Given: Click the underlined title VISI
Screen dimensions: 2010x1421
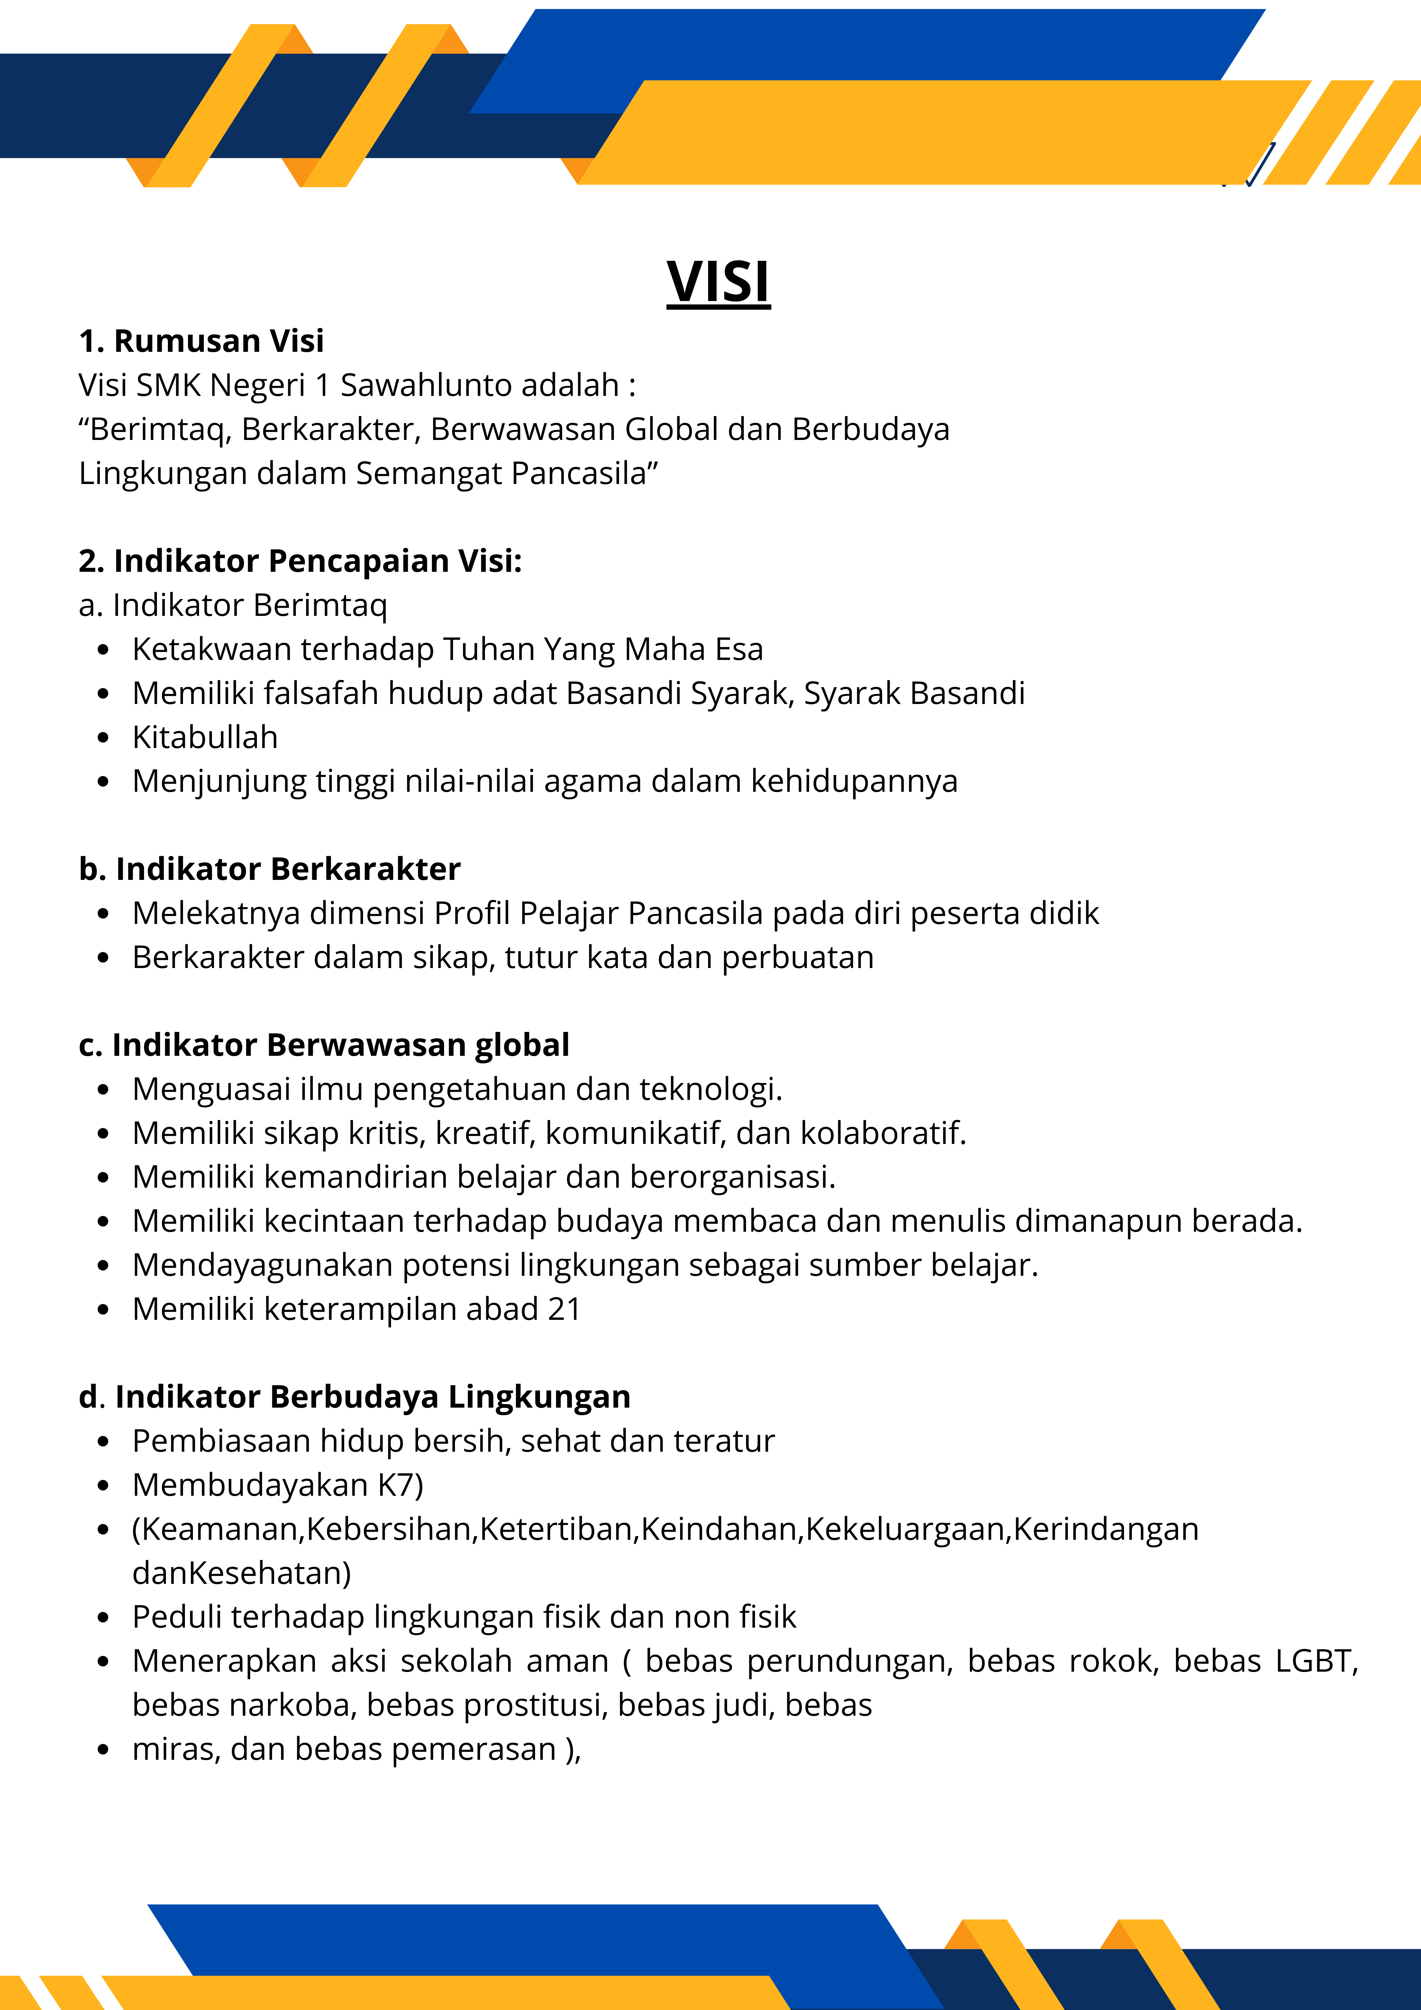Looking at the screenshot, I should tap(718, 282).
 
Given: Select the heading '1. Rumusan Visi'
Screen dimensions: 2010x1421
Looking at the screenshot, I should tap(201, 341).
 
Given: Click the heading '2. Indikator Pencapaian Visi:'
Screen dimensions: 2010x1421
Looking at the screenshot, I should tap(300, 561).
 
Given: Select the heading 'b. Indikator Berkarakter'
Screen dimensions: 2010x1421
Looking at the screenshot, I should tap(270, 869).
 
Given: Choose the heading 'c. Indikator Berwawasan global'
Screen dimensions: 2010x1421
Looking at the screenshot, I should tap(324, 1045).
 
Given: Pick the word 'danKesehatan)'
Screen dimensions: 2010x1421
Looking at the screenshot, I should tap(241, 1573).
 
